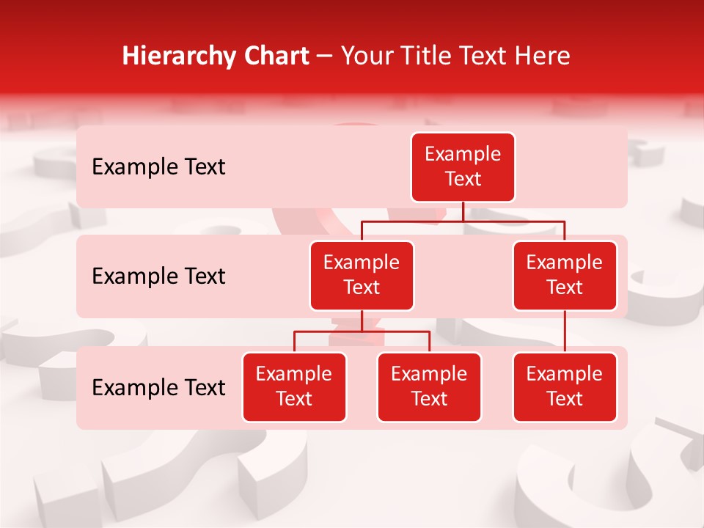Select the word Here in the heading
(542, 56)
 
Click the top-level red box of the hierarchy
(463, 167)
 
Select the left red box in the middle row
(362, 276)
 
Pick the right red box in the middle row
(565, 276)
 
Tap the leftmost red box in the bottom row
(294, 387)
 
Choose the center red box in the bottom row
(429, 387)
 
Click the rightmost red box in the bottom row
(565, 387)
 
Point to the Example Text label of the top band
(158, 167)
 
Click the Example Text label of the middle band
(158, 276)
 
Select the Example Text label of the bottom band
(158, 388)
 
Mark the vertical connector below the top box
(463, 211)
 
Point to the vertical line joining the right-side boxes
(565, 331)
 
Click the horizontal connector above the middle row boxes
(411, 221)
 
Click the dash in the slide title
(325, 56)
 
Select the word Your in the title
(364, 56)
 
